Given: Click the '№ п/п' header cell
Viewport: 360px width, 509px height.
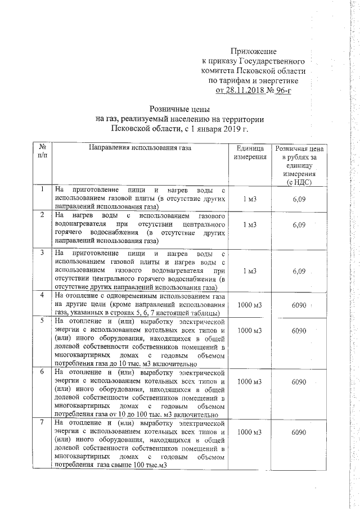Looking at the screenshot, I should (x=42, y=152).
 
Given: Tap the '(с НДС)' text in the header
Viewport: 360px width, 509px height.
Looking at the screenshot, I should (x=298, y=182).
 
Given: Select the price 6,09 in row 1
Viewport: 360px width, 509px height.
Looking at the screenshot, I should (x=299, y=199).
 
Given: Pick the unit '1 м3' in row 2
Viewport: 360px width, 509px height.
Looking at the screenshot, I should (x=250, y=225).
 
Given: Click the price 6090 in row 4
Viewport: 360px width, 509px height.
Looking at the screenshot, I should (x=299, y=304).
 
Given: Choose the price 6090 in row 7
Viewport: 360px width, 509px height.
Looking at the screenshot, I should (x=299, y=433).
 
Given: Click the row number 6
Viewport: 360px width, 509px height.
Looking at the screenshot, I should (x=42, y=372).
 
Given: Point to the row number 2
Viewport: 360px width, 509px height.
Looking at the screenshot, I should (x=42, y=216).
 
